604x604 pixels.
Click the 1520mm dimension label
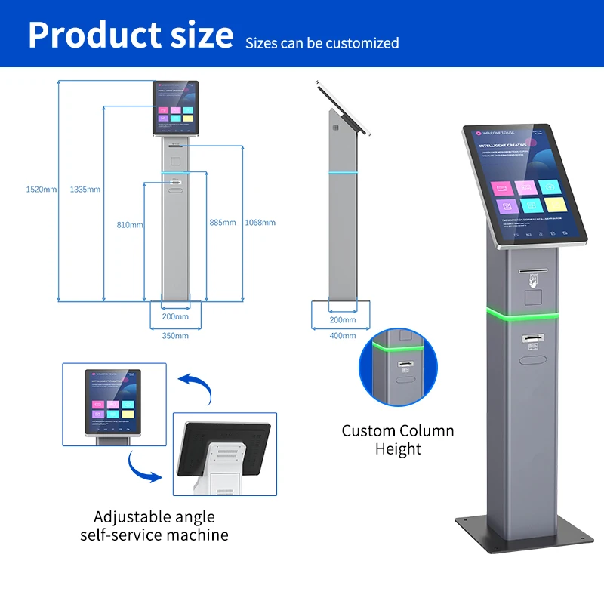[41, 189]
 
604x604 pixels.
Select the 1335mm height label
[85, 189]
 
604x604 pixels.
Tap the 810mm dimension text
[130, 225]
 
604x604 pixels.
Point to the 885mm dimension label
[222, 223]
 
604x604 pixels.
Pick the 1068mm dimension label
[260, 223]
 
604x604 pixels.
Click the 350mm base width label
[175, 335]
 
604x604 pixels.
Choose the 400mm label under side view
[343, 335]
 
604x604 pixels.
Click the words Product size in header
[131, 35]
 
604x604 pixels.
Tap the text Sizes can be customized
[322, 43]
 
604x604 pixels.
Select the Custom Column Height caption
[398, 440]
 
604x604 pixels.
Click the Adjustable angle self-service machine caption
[154, 526]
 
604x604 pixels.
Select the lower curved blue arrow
[143, 467]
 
